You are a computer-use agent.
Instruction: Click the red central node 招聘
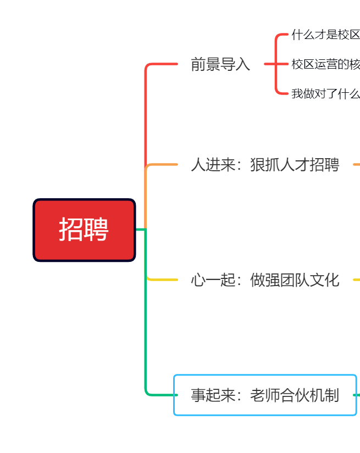(x=84, y=230)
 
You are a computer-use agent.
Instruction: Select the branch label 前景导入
(x=220, y=64)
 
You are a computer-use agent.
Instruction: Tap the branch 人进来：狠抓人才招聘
(x=265, y=165)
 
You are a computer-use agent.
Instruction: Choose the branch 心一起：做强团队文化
(x=265, y=280)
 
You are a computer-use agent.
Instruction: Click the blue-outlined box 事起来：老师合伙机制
(x=265, y=395)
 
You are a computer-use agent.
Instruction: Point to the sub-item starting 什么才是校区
(x=325, y=35)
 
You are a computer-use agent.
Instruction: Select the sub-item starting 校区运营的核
(x=325, y=64)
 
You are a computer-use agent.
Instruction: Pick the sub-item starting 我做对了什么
(x=325, y=93)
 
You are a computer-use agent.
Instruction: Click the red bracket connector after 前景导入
(x=276, y=64)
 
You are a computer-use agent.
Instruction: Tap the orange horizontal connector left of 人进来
(x=162, y=164)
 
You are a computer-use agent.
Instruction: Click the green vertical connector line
(x=146, y=312)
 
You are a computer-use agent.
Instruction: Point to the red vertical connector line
(x=146, y=115)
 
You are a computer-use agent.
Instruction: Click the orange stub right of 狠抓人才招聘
(x=357, y=164)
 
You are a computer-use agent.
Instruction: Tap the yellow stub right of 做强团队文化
(x=357, y=279)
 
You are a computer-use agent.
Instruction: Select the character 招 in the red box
(x=71, y=230)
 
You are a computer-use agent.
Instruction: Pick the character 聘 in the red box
(x=96, y=230)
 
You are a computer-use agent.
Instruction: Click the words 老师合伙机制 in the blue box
(x=295, y=395)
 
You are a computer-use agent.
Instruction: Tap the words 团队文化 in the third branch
(x=309, y=280)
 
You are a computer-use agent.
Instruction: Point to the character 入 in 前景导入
(x=242, y=64)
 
